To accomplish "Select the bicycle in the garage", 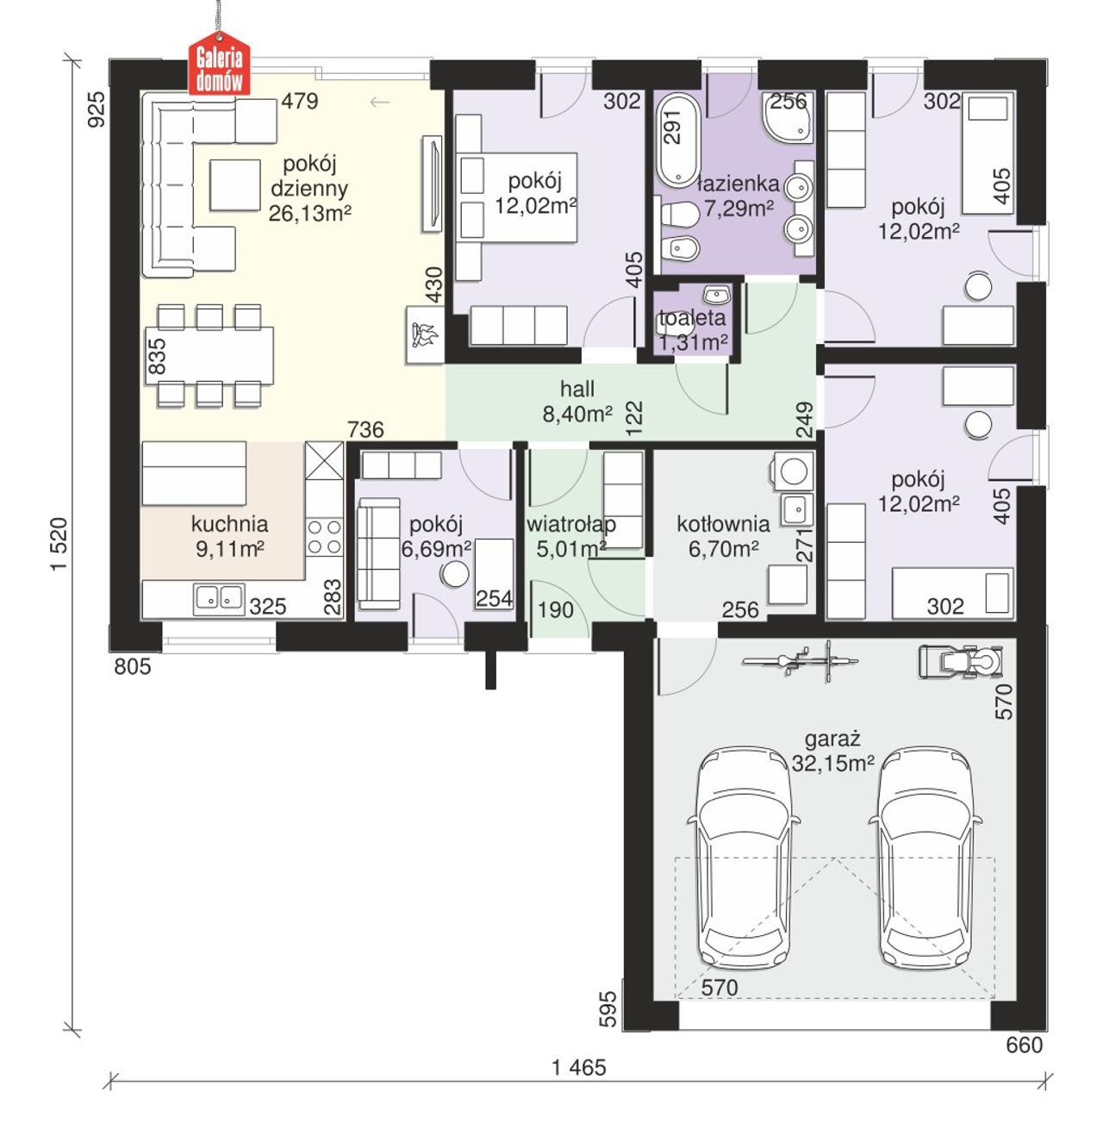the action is (800, 660).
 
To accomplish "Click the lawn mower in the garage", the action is (960, 661).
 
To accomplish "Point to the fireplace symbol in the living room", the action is (424, 334).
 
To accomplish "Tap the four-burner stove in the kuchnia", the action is (323, 537).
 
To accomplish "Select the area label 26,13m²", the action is (309, 213).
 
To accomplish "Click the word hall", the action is (576, 388).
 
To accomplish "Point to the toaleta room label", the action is (692, 317).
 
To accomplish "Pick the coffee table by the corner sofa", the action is (234, 184).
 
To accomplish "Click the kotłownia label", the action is (722, 523).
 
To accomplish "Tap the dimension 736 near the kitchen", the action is (365, 429).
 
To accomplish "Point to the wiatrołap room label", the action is (570, 524).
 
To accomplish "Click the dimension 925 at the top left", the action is (96, 109).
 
